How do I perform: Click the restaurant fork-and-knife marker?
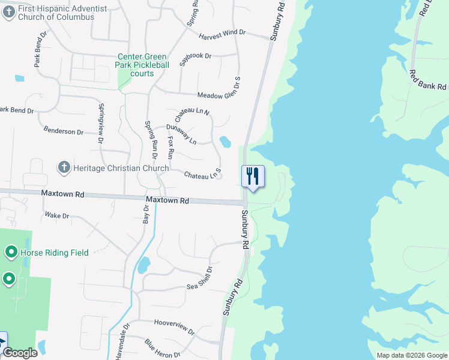point(253,176)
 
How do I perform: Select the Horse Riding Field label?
point(55,253)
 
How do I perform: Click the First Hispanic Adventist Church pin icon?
point(8,13)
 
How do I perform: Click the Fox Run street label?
point(170,148)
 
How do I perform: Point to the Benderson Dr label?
point(63,131)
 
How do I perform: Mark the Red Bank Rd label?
point(427,80)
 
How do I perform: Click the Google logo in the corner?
point(20,353)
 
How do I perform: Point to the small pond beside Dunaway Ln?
point(226,142)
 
